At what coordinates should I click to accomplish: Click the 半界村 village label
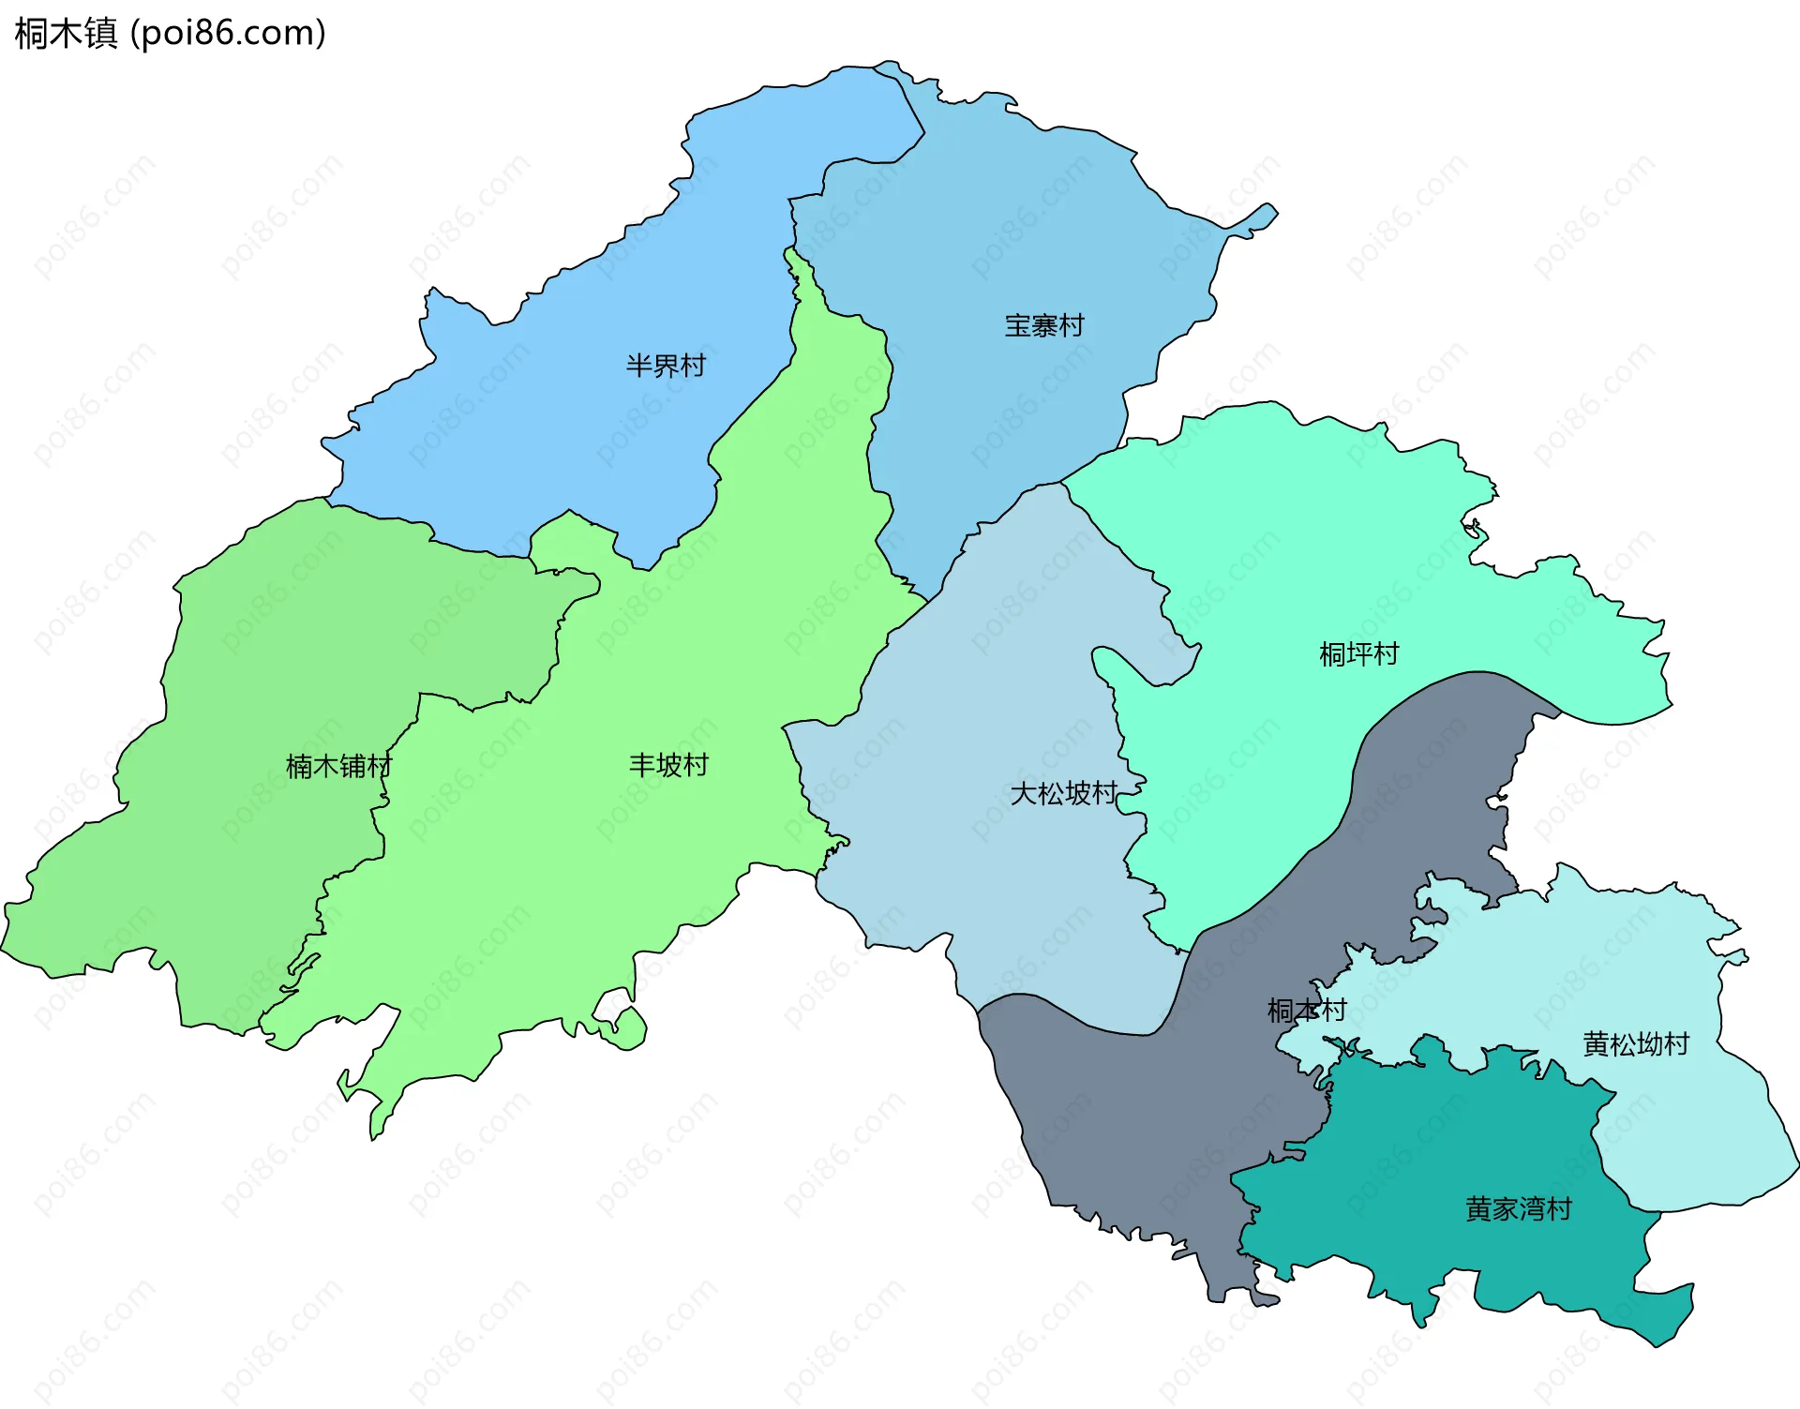click(666, 366)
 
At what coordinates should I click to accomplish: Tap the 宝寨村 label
click(1044, 326)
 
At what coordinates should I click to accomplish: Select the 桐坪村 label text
click(1358, 653)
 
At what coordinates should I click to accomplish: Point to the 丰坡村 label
click(668, 766)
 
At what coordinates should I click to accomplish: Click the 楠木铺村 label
click(338, 767)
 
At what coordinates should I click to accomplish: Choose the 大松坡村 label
click(1064, 794)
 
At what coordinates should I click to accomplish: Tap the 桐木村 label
click(1306, 1011)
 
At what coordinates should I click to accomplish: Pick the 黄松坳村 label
click(1636, 1044)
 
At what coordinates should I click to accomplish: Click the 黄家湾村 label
click(1518, 1209)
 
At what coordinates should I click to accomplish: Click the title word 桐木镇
click(66, 34)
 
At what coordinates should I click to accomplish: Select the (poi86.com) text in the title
click(228, 34)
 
